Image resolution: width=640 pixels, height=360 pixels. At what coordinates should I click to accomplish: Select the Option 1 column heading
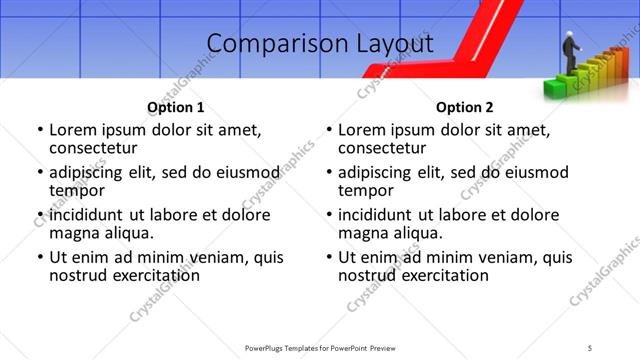click(176, 107)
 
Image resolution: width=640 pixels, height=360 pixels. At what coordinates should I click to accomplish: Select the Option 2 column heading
click(464, 107)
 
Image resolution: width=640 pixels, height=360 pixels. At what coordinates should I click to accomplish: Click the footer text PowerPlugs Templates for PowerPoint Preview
click(320, 348)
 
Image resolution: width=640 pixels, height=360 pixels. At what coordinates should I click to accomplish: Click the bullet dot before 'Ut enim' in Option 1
click(39, 258)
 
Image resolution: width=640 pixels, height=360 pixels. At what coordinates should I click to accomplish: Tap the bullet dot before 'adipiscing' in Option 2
click(328, 173)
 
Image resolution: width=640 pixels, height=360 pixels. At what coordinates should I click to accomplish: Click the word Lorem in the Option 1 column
click(71, 130)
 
